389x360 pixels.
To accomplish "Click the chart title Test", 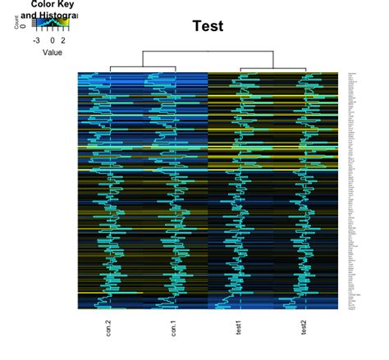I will [x=208, y=26].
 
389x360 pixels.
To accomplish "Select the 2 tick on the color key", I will [x=65, y=39].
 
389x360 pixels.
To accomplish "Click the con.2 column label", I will [x=108, y=330].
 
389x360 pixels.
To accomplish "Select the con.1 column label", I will [x=173, y=330].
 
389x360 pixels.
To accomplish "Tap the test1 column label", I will [x=240, y=330].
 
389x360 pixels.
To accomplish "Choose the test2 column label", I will [x=305, y=330].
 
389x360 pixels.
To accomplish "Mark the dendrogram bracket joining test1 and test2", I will [x=272, y=67].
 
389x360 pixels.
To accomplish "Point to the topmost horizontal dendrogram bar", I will [x=207, y=52].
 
